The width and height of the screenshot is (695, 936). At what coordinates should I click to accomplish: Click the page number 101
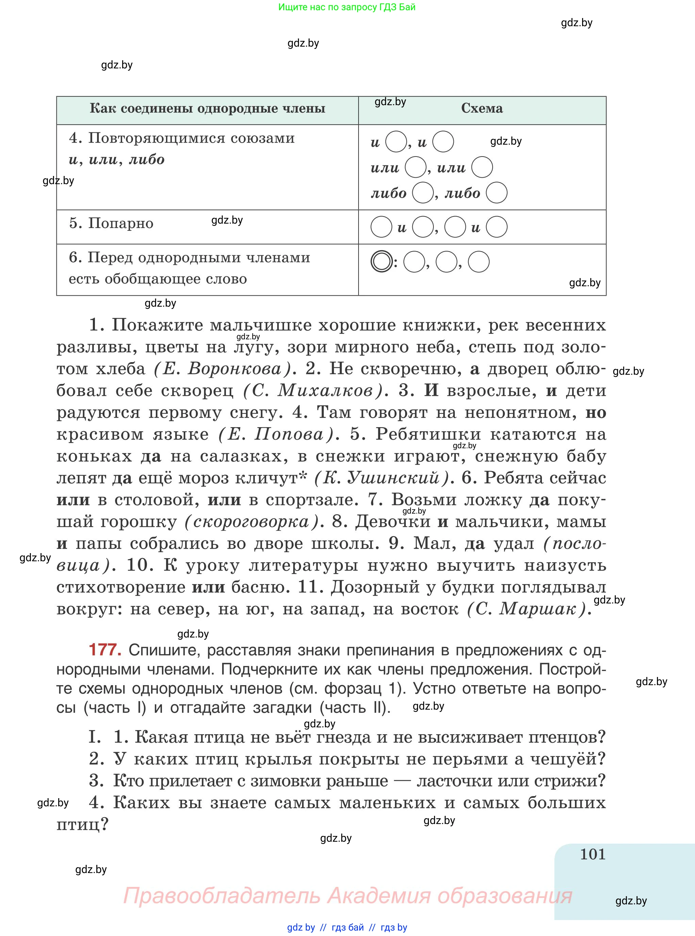click(x=592, y=854)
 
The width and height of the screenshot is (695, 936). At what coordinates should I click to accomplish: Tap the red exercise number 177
click(x=105, y=650)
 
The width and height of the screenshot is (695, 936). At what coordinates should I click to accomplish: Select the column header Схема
click(x=482, y=109)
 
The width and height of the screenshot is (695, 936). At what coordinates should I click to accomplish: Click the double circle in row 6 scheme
click(x=381, y=261)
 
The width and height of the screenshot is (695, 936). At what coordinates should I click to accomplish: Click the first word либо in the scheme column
click(x=388, y=194)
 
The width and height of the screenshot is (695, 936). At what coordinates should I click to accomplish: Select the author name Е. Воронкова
click(x=222, y=369)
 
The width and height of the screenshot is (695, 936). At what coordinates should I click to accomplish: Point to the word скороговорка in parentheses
click(x=252, y=522)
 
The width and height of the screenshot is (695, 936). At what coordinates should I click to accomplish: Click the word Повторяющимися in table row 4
click(x=155, y=138)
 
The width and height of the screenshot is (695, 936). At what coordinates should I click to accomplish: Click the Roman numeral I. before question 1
click(x=95, y=737)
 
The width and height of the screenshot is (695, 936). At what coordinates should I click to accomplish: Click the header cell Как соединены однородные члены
click(x=208, y=109)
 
